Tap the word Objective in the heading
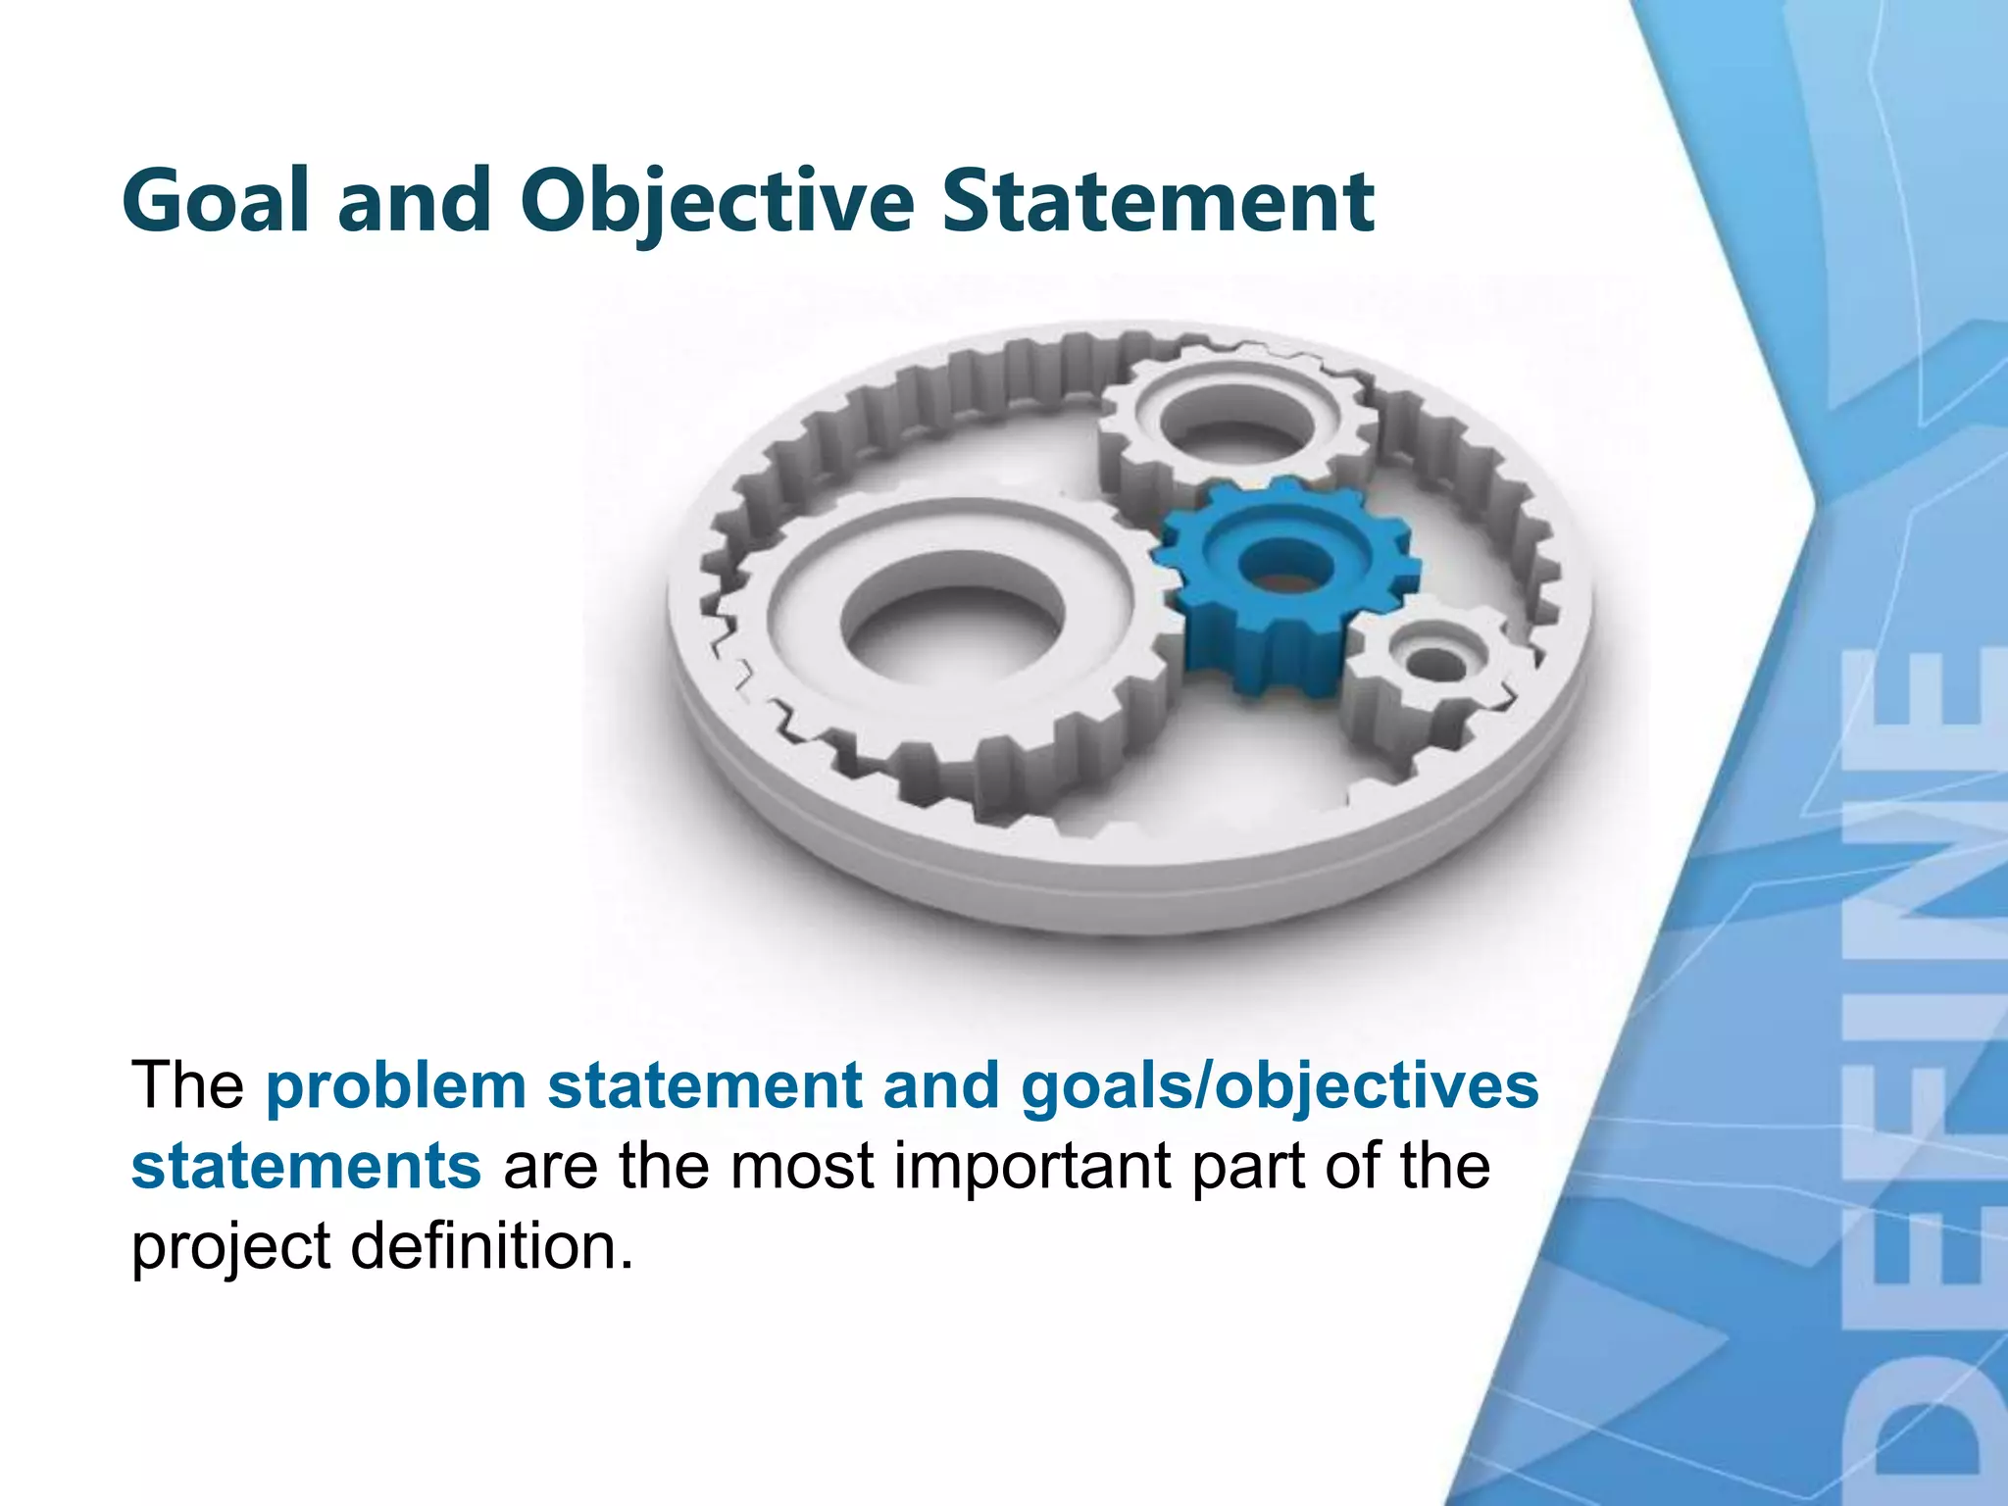point(717,201)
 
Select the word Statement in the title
point(1157,201)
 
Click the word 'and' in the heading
point(414,201)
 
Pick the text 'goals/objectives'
point(1280,1086)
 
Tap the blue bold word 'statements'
point(306,1167)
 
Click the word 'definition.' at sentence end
point(491,1247)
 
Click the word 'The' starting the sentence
point(187,1086)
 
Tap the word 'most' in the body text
point(801,1167)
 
